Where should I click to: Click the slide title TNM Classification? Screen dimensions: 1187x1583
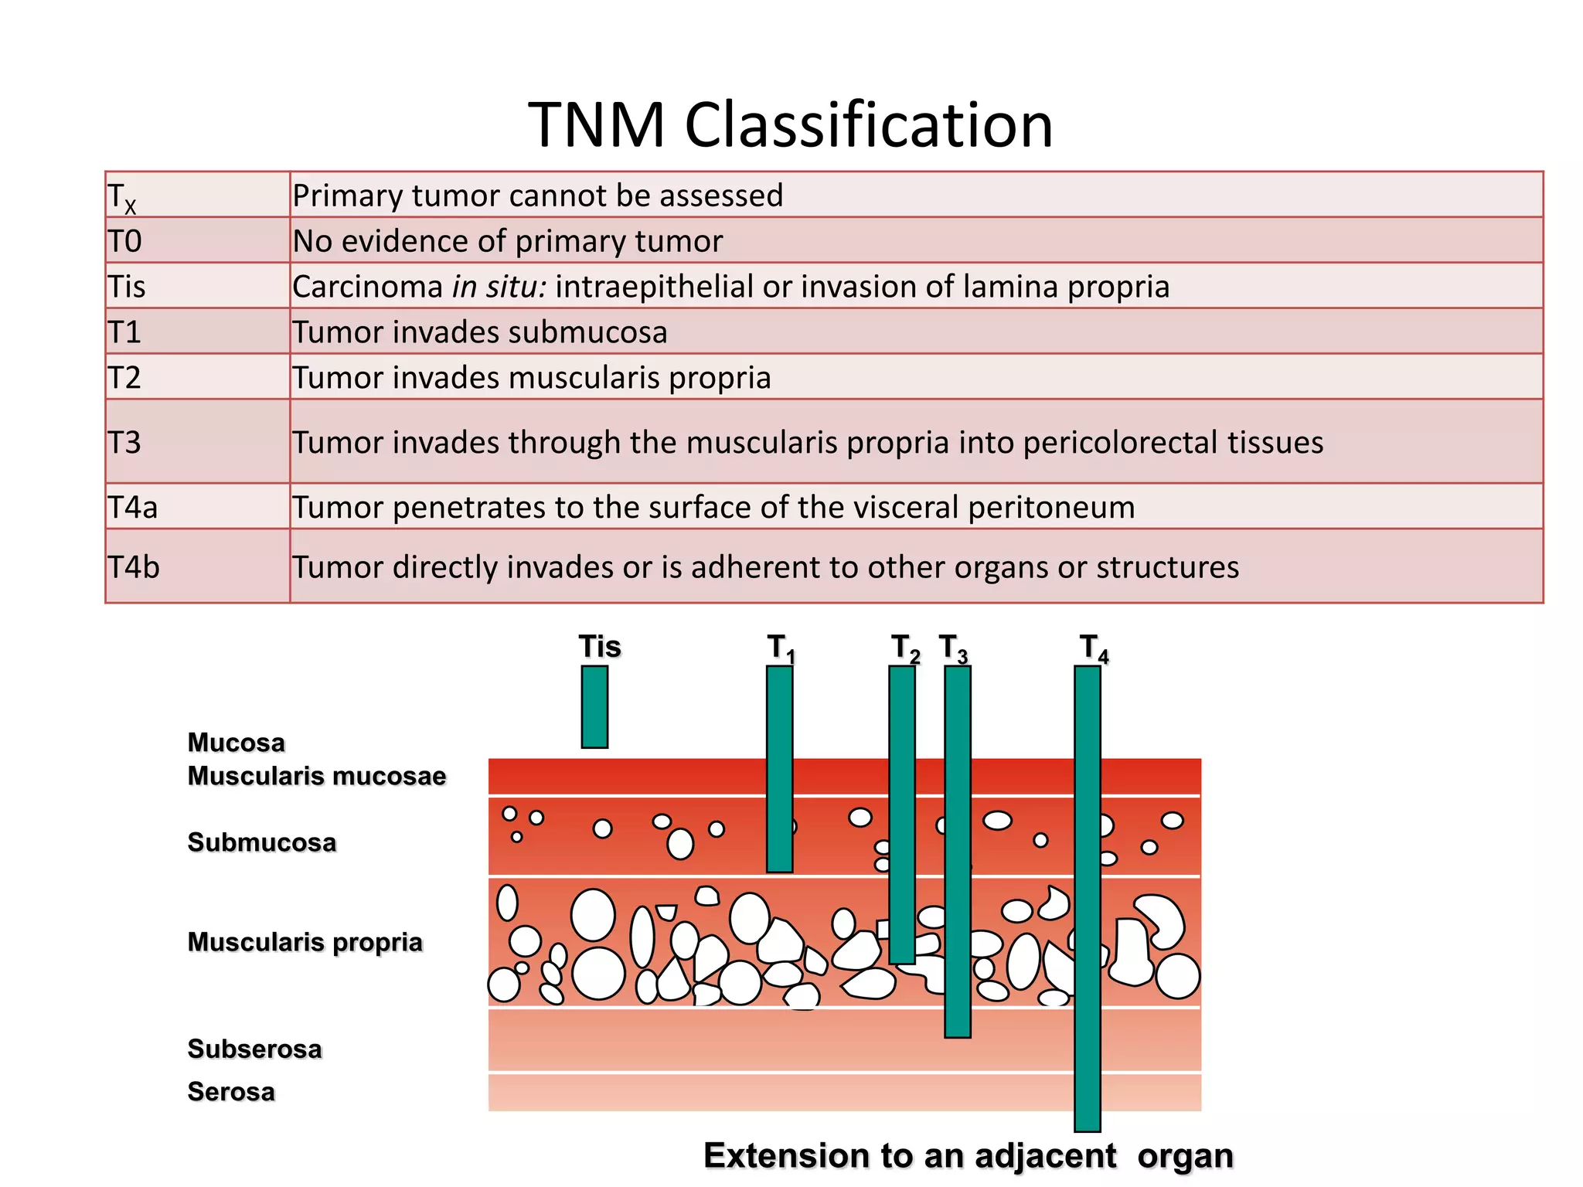(791, 125)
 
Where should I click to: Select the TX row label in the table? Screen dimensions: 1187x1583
(122, 197)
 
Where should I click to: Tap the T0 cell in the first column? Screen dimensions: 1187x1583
(125, 241)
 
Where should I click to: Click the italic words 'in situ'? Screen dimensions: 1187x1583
(499, 287)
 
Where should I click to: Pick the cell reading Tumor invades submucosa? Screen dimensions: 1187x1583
(479, 332)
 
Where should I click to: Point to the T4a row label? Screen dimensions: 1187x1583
(133, 507)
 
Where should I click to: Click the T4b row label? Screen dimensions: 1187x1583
(134, 567)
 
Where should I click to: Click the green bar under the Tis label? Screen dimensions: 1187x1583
(594, 706)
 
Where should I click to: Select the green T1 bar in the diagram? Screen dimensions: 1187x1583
(779, 769)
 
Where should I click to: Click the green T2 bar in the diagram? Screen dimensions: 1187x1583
(901, 814)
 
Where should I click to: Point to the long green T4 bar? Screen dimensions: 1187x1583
(1087, 896)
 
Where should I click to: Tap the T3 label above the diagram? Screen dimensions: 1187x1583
(953, 648)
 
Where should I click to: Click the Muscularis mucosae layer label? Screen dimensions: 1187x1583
(317, 776)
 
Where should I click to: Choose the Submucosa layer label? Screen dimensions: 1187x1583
(262, 842)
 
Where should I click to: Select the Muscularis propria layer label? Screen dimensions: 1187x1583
(305, 942)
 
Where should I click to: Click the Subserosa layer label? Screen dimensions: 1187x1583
(254, 1049)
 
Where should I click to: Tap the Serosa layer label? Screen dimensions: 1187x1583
(231, 1091)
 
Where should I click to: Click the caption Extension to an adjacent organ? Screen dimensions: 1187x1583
(968, 1156)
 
